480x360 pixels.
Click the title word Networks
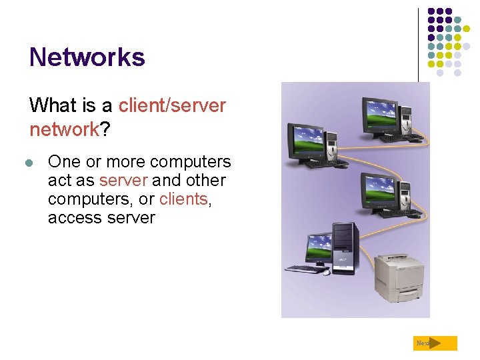[87, 57]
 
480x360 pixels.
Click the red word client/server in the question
[172, 105]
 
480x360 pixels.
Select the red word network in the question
[64, 129]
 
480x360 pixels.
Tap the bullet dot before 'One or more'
[29, 163]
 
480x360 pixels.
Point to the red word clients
[183, 199]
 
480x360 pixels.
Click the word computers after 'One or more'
[191, 162]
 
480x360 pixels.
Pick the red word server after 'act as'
[123, 181]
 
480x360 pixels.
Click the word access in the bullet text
[73, 217]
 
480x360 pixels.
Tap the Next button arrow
[435, 343]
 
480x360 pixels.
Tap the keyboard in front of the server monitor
[304, 269]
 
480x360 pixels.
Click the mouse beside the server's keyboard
[327, 271]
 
